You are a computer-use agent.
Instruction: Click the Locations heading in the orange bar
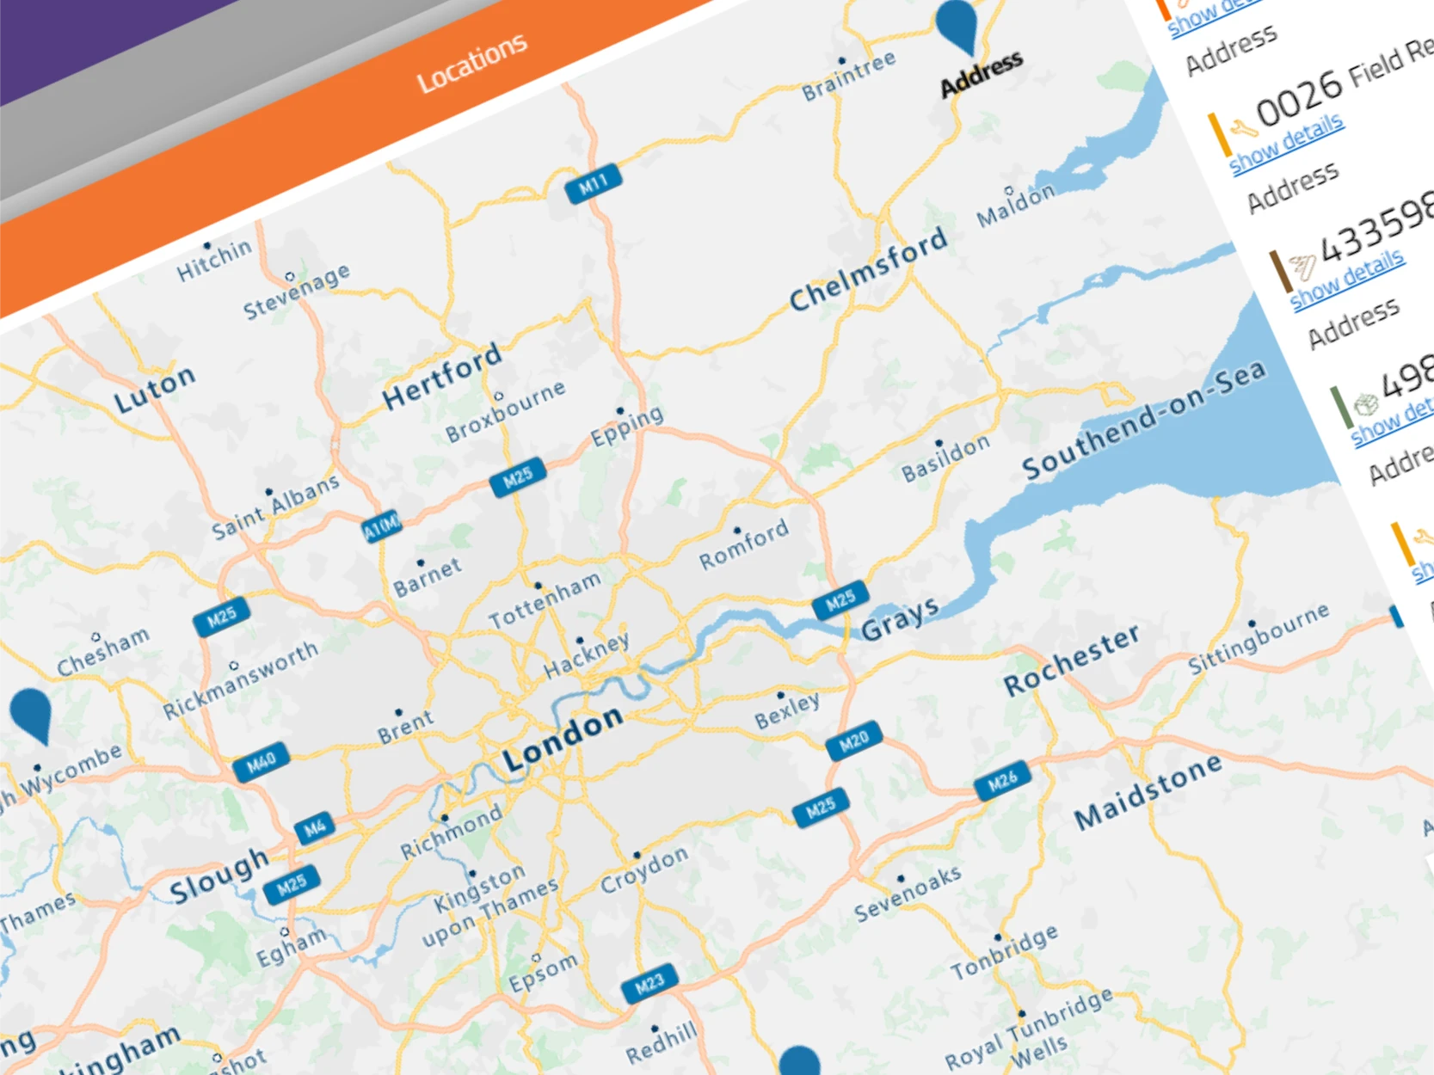point(471,62)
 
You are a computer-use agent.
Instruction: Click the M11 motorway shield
point(594,183)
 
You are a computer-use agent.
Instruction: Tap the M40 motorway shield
point(261,761)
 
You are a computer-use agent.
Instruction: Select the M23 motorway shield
point(649,982)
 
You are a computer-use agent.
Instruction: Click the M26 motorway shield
point(1002,781)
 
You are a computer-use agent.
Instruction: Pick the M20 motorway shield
point(853,740)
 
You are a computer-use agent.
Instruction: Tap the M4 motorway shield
point(314,828)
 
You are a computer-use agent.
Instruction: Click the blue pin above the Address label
point(957,23)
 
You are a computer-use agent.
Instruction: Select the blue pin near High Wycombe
point(31,713)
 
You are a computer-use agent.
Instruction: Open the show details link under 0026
point(1287,144)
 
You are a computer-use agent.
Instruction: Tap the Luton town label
point(155,389)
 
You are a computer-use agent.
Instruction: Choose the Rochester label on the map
point(1071,659)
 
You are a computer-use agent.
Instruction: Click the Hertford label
point(442,375)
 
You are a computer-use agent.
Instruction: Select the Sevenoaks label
point(908,893)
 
